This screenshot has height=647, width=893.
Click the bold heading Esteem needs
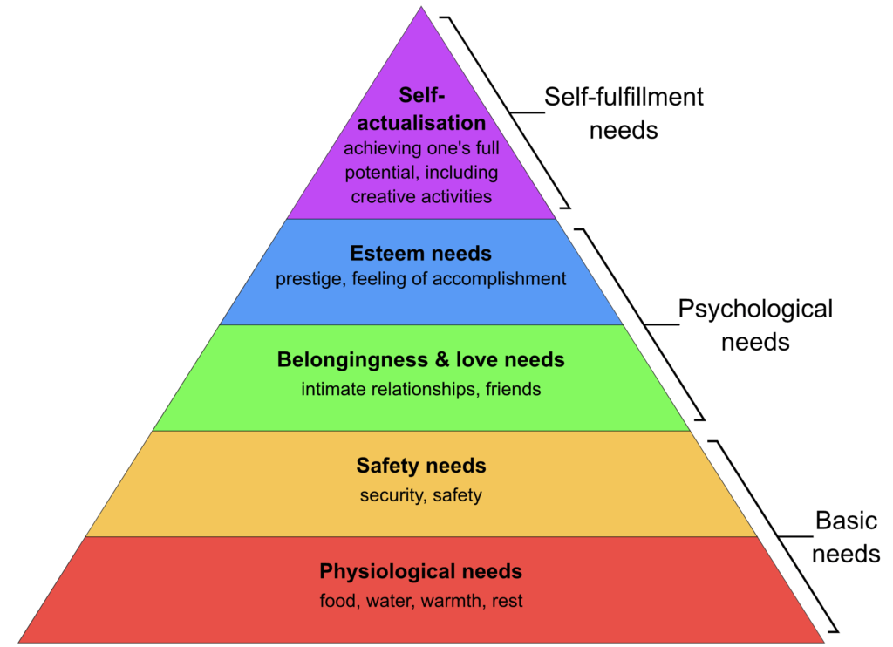pyautogui.click(x=421, y=254)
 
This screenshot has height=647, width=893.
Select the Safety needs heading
pyautogui.click(x=421, y=466)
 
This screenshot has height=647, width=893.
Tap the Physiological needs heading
pyautogui.click(x=421, y=571)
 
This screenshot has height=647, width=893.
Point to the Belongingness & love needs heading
pyautogui.click(x=421, y=360)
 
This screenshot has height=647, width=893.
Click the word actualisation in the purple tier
pyautogui.click(x=421, y=123)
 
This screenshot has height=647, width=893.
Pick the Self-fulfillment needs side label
pyautogui.click(x=624, y=113)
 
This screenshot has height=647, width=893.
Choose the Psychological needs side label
pyautogui.click(x=755, y=325)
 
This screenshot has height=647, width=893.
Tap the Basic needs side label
pyautogui.click(x=846, y=537)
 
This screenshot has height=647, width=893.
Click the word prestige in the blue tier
pyautogui.click(x=310, y=280)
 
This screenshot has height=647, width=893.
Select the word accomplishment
pyautogui.click(x=499, y=279)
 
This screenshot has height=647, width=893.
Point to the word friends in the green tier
pyautogui.click(x=513, y=389)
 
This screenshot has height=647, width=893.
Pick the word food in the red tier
pyautogui.click(x=339, y=601)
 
